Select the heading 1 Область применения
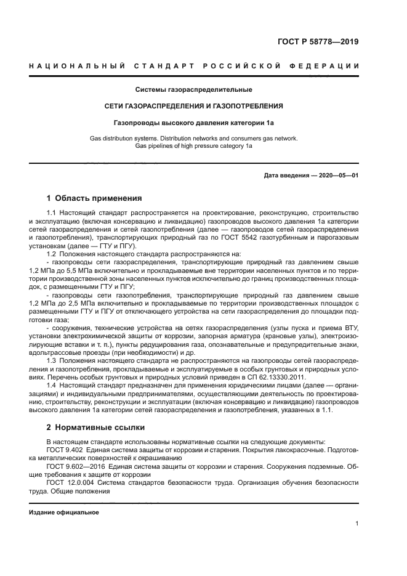[x=94, y=198]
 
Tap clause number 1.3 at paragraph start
[x=52, y=359]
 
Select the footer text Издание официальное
[x=64, y=513]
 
